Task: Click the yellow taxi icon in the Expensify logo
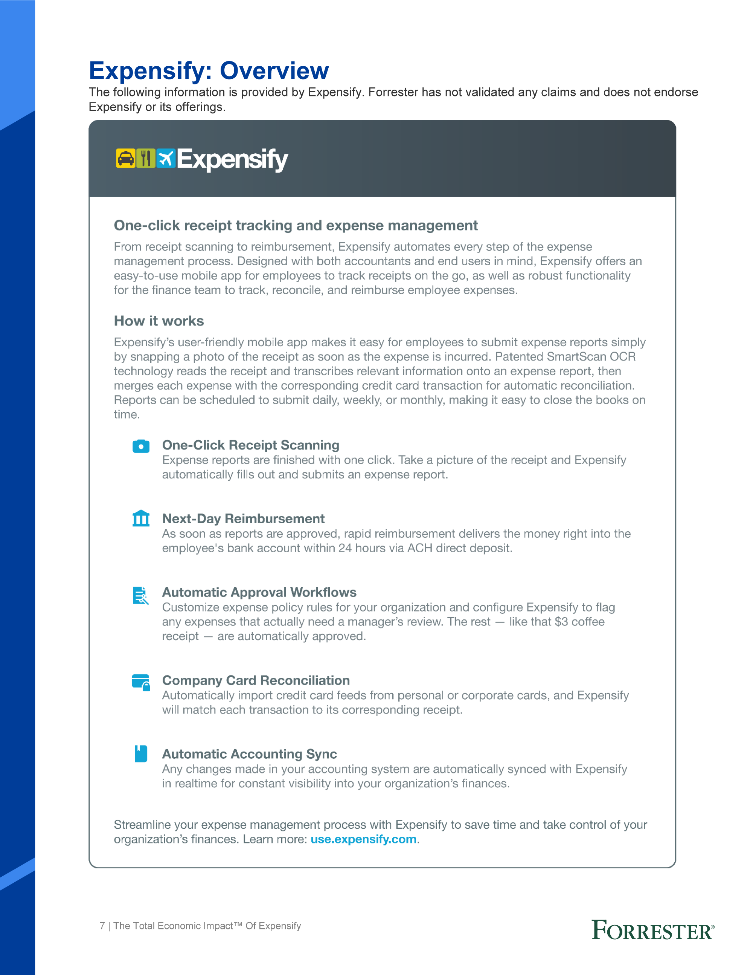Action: tap(125, 159)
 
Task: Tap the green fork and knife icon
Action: tap(145, 159)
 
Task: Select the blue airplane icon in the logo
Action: tap(166, 159)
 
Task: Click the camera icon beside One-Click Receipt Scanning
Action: tap(141, 446)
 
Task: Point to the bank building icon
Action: tap(141, 518)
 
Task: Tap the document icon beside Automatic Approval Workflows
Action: tap(140, 596)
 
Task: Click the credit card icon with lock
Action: tap(141, 682)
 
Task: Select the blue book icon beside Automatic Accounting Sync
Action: tap(141, 753)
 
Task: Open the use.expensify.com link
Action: tap(364, 839)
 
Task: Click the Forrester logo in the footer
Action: tap(652, 931)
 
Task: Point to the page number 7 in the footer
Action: tap(102, 926)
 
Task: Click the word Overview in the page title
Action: tap(274, 70)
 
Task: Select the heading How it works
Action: tap(159, 321)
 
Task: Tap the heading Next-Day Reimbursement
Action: tap(243, 519)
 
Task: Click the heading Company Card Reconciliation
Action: tap(256, 680)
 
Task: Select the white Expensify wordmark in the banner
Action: tap(232, 159)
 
